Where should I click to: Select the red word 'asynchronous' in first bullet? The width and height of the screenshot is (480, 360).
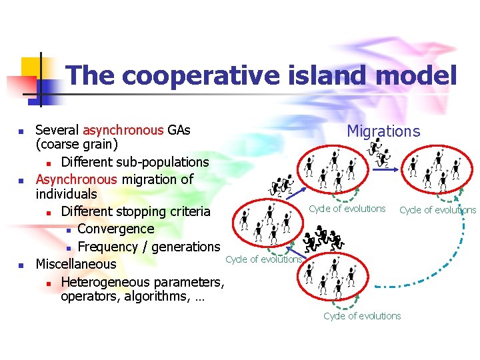point(123,129)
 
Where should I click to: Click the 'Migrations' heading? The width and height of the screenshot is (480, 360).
point(383,131)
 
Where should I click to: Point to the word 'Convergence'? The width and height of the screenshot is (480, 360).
point(115,229)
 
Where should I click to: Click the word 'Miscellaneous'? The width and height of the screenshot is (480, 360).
point(75,263)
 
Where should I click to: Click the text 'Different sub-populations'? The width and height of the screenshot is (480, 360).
point(135,162)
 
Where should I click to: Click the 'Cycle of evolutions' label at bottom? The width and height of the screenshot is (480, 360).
point(362,316)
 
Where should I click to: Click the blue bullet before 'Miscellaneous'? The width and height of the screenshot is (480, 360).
point(21,265)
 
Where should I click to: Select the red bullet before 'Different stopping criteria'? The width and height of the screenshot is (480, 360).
point(49,213)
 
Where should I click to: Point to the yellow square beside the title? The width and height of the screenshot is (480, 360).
point(31,67)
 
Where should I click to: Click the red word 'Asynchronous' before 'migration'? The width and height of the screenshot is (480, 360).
point(75,179)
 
